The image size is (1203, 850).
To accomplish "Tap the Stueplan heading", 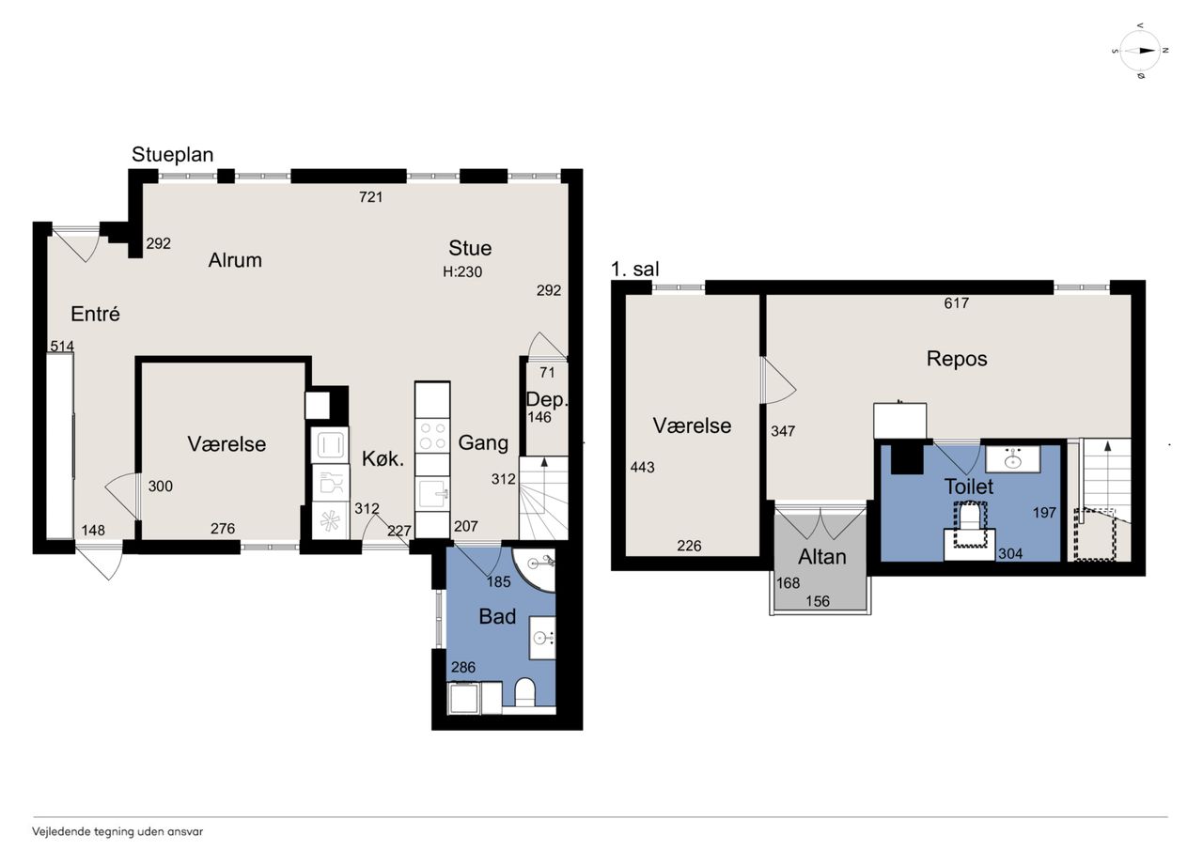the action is point(172,155).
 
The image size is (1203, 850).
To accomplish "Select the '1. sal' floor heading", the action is point(634,269).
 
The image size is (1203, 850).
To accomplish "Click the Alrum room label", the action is point(235,260).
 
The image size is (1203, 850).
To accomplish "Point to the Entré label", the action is point(95,314).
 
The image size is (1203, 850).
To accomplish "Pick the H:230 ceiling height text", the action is point(462,272).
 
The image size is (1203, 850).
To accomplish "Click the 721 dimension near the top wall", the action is point(370,197).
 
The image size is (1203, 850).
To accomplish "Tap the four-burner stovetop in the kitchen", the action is point(433,436).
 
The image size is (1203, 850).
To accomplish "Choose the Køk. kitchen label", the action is point(383,458).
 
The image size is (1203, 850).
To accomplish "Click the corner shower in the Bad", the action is point(533,569).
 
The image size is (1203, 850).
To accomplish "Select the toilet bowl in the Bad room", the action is point(524,691).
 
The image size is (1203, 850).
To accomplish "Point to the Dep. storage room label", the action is point(546,399).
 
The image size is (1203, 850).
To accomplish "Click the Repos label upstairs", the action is point(957,359).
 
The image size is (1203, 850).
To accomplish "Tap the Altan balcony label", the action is point(821,557).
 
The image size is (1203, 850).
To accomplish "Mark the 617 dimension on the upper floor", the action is point(956,303).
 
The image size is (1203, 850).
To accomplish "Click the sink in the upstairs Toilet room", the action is point(1013,458).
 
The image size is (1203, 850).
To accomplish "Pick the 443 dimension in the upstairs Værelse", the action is point(642,468).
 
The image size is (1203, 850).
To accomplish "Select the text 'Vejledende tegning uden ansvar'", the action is point(117,832).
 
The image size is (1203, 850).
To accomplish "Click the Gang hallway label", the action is point(483,442).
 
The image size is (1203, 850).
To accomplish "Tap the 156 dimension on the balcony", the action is point(818,601).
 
